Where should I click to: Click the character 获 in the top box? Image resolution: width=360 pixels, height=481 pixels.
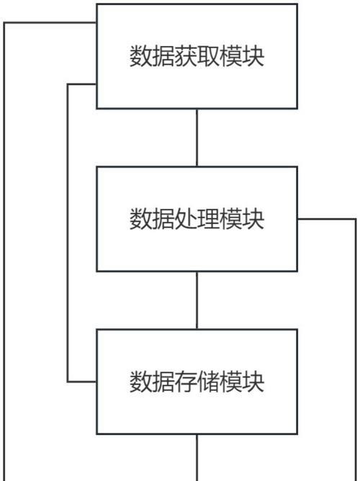[x=186, y=56]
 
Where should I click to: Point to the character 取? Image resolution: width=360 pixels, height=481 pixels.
[x=208, y=56]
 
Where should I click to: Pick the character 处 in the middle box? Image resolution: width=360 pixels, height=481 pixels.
[x=186, y=219]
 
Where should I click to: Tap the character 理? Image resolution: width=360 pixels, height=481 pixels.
[x=208, y=219]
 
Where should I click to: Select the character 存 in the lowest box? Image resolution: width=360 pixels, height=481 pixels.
[x=186, y=382]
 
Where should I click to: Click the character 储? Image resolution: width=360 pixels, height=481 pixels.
[x=208, y=382]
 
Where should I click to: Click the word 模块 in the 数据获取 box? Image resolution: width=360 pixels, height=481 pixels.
[x=242, y=56]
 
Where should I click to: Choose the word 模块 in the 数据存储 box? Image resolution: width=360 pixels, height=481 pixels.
[x=242, y=382]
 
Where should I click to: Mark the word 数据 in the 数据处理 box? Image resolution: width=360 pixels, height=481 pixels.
[x=152, y=219]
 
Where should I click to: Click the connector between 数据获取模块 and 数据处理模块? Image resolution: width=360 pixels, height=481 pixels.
[x=197, y=138]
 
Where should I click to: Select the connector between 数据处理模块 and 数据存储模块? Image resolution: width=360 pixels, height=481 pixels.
[x=197, y=300]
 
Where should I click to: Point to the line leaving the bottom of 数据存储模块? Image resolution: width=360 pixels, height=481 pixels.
[x=197, y=458]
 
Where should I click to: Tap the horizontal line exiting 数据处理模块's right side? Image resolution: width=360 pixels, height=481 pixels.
[x=327, y=219]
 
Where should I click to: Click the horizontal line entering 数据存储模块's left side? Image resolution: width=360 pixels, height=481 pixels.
[x=82, y=382]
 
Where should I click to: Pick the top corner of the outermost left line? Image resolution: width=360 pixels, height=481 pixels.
[x=4, y=23]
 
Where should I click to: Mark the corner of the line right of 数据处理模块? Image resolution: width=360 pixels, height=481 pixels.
[x=356, y=219]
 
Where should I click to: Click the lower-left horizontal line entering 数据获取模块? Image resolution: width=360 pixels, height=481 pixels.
[x=82, y=84]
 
